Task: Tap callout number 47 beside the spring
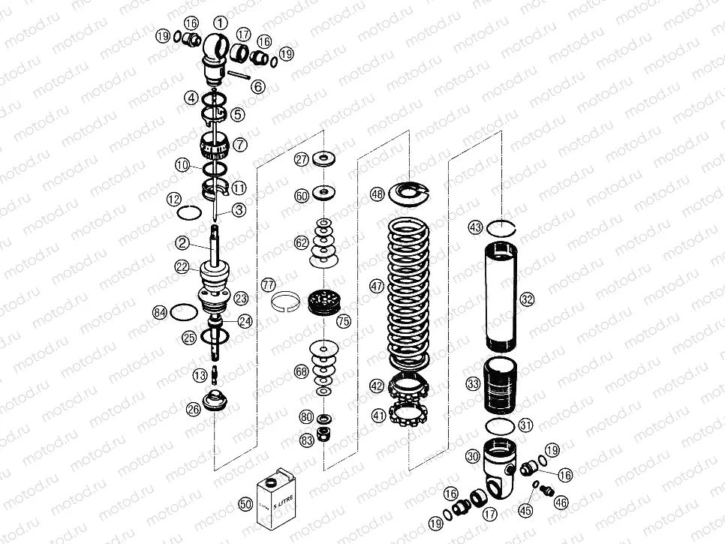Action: click(377, 286)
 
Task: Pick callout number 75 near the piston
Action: click(344, 322)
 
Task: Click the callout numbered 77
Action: click(268, 284)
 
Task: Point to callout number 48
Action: click(377, 194)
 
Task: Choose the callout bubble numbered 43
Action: click(474, 226)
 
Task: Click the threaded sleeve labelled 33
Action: click(499, 386)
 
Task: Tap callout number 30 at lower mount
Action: click(472, 455)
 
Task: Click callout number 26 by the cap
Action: click(194, 409)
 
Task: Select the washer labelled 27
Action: click(326, 158)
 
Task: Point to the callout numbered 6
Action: click(257, 87)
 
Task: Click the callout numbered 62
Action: click(301, 243)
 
